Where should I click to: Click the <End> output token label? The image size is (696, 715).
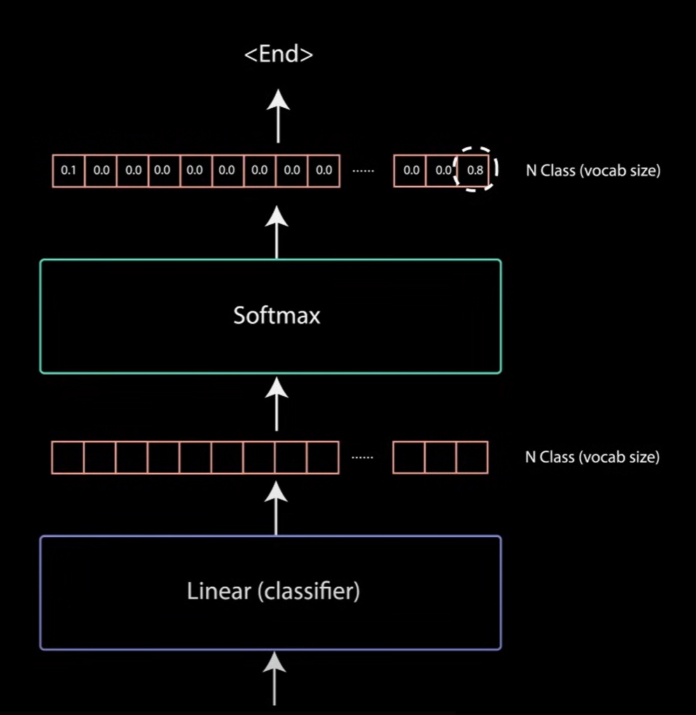[278, 55]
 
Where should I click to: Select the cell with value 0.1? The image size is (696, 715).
[69, 171]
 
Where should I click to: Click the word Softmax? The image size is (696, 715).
[277, 315]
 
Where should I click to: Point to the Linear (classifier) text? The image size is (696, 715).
[273, 592]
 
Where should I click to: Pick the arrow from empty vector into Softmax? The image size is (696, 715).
[278, 404]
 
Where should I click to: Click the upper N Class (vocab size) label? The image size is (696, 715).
[592, 171]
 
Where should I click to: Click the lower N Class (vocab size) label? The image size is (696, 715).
[592, 457]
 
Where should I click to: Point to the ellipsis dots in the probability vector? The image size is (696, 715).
[363, 171]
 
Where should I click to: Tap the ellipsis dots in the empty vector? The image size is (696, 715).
[363, 457]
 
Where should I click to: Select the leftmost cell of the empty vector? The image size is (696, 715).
[68, 457]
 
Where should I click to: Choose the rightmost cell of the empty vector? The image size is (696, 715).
[472, 457]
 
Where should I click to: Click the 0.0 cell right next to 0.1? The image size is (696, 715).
[101, 171]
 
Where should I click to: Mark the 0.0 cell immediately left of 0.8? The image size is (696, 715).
[441, 171]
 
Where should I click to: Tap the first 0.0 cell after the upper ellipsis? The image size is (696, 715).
[410, 171]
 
